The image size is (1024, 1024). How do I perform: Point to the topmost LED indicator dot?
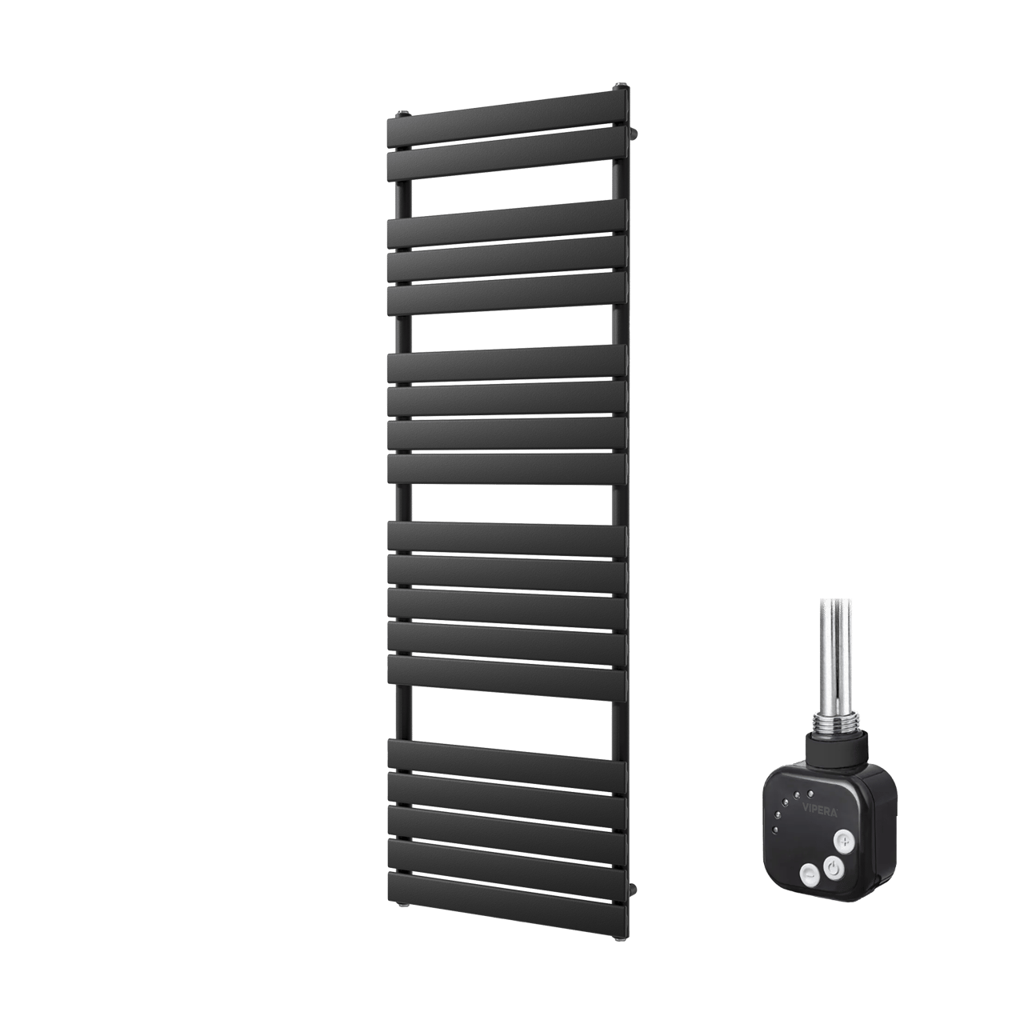click(810, 808)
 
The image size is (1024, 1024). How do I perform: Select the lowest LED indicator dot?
click(776, 844)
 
